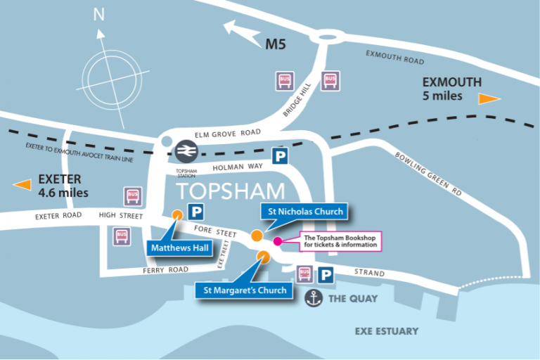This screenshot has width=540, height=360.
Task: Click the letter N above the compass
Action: click(x=99, y=14)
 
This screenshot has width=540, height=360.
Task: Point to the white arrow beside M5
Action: click(x=240, y=30)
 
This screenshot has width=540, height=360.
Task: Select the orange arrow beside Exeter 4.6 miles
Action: click(x=23, y=185)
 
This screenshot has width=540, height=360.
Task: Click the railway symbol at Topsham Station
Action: click(x=186, y=150)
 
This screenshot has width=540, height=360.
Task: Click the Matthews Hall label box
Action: click(x=181, y=247)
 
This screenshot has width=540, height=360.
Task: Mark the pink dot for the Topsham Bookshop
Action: click(x=277, y=241)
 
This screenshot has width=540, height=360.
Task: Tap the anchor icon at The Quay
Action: click(x=314, y=299)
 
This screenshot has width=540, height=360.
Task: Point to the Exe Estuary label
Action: click(x=386, y=330)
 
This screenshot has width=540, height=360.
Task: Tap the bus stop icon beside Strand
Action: click(x=304, y=274)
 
